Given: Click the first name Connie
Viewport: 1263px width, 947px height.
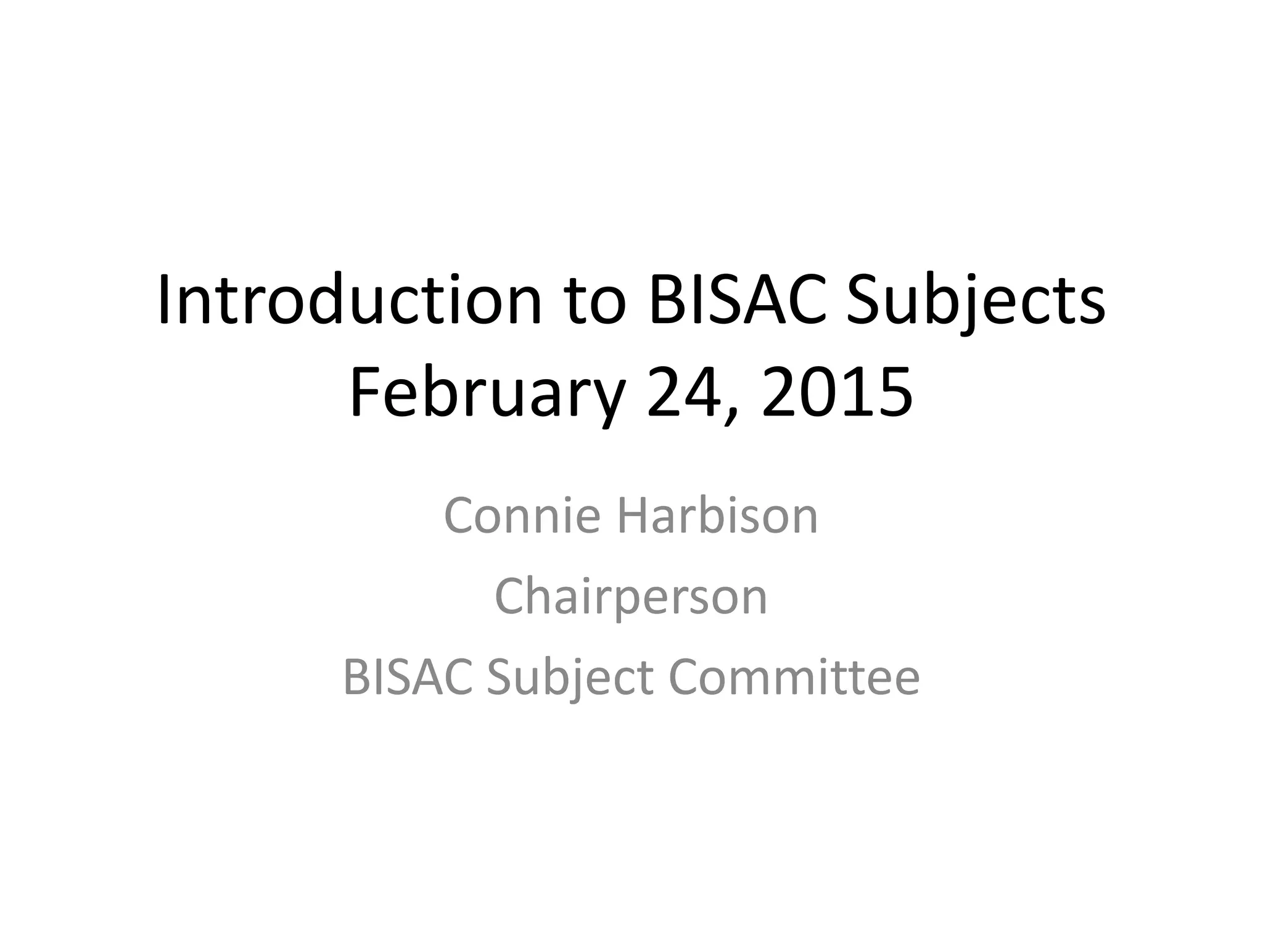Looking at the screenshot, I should tap(522, 515).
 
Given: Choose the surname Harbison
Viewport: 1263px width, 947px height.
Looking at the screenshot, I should tap(717, 515).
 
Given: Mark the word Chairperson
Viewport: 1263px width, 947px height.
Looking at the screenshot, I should tap(631, 596).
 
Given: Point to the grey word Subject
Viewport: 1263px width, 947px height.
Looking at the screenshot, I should tap(570, 677).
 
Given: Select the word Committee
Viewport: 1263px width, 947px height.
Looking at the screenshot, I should tap(794, 677).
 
